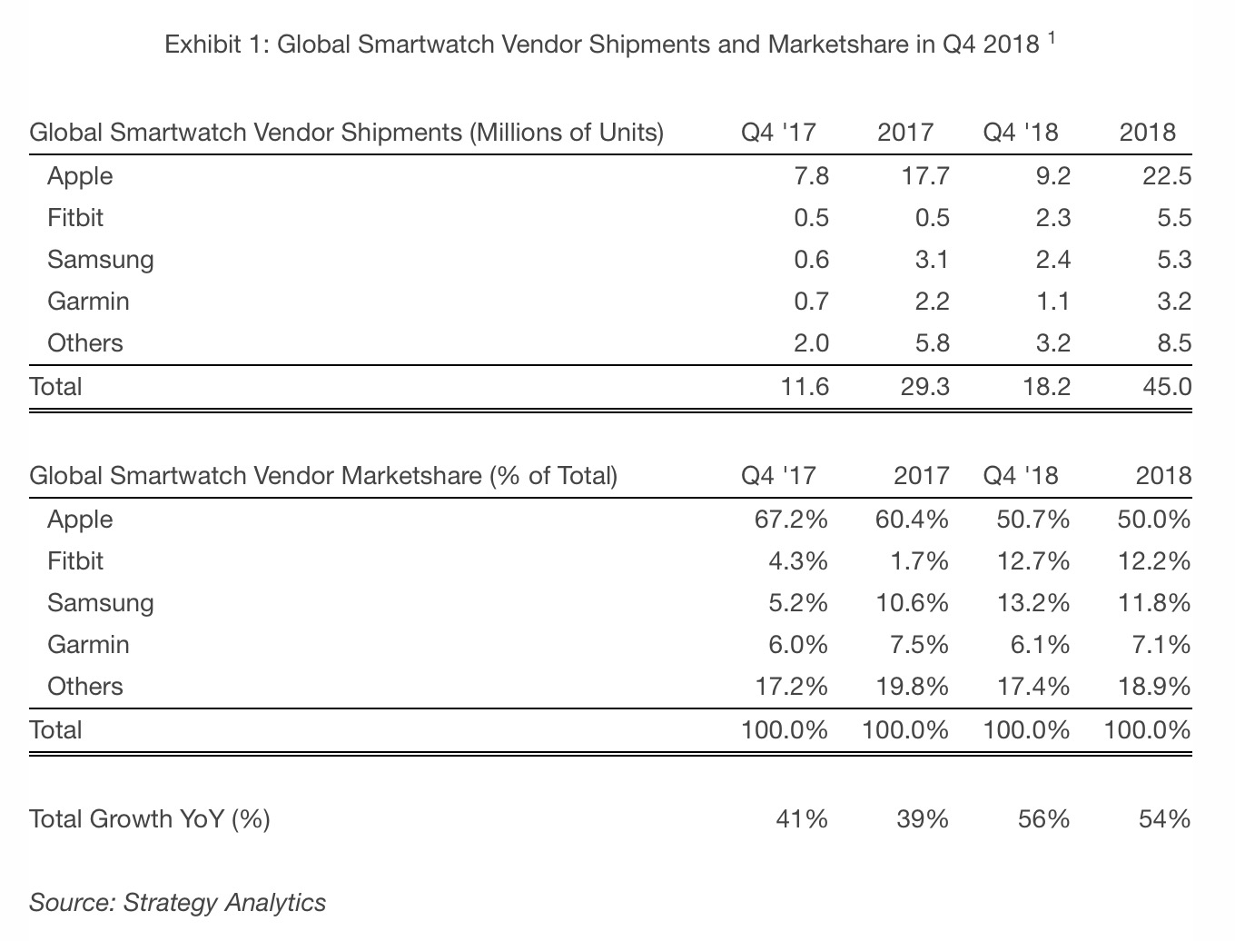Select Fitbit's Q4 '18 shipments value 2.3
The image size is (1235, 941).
click(x=1052, y=218)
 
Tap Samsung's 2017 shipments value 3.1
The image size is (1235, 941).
click(x=931, y=260)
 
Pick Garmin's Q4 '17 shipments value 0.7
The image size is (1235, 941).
click(x=810, y=302)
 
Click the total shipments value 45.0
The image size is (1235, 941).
click(x=1167, y=387)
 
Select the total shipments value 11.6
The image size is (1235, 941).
click(x=804, y=387)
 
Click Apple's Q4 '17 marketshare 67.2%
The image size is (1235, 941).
click(x=791, y=520)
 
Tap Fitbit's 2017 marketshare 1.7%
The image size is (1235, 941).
click(x=919, y=561)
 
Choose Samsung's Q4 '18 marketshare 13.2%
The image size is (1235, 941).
click(x=1032, y=603)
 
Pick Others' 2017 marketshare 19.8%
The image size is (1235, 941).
click(x=912, y=687)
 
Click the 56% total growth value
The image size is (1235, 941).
click(x=1044, y=819)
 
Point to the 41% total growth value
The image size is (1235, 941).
click(x=803, y=819)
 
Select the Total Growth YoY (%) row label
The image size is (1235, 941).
click(x=150, y=819)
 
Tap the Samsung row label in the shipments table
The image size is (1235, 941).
click(x=100, y=260)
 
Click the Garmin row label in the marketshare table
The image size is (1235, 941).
click(x=88, y=645)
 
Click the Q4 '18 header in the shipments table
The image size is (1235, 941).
click(x=1020, y=133)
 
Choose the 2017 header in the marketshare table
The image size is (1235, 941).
click(x=921, y=476)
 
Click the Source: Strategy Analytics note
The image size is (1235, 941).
click(x=177, y=902)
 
